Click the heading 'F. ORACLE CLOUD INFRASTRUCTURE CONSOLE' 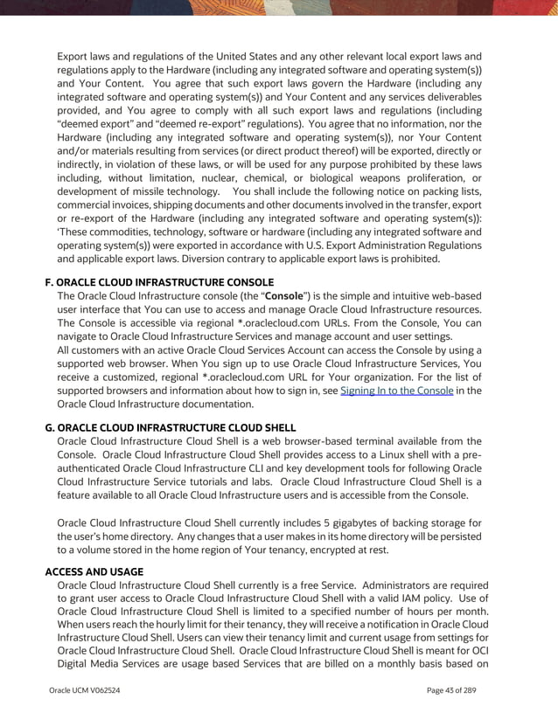(x=158, y=282)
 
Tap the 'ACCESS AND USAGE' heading (x=94, y=571)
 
